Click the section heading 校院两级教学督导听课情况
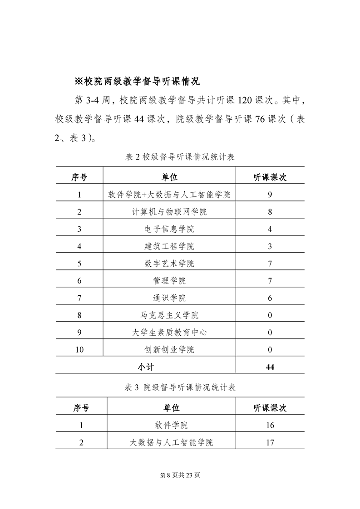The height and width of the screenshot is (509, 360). click(x=137, y=82)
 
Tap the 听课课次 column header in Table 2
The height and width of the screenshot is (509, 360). click(x=270, y=177)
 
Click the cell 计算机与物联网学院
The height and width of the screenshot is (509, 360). click(x=169, y=212)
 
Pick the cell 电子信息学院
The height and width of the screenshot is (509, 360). click(x=169, y=229)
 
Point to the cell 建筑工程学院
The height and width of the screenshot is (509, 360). click(x=169, y=246)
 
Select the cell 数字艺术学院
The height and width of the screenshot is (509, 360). click(x=169, y=264)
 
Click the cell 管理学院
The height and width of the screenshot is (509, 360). click(x=169, y=281)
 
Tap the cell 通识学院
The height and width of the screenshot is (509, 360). click(x=169, y=298)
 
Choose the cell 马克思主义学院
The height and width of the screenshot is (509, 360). click(x=169, y=315)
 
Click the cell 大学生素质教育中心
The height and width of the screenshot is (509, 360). click(x=169, y=333)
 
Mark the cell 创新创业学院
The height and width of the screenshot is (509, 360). click(x=169, y=350)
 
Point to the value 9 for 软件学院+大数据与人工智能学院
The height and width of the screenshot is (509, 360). click(x=270, y=195)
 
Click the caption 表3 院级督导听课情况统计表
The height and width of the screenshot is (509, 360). click(x=180, y=387)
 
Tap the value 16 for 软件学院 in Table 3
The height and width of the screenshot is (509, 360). click(x=270, y=426)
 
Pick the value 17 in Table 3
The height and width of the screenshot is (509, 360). click(x=270, y=443)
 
